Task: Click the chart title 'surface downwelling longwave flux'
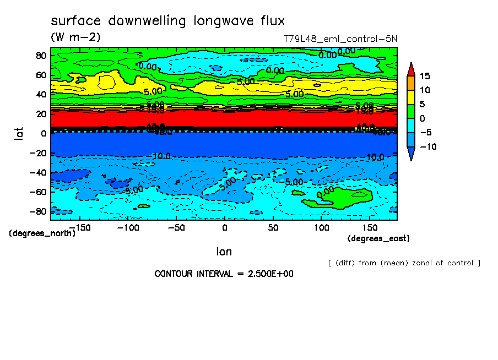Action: [x=167, y=21]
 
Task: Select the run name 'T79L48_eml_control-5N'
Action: [x=340, y=39]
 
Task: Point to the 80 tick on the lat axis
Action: [x=40, y=56]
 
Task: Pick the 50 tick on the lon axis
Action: [x=273, y=227]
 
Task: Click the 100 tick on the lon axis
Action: [x=321, y=227]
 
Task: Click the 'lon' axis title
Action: [x=224, y=252]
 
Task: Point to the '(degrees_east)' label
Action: [x=378, y=238]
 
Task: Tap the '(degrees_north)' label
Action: [x=42, y=233]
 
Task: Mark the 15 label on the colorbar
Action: [x=424, y=76]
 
